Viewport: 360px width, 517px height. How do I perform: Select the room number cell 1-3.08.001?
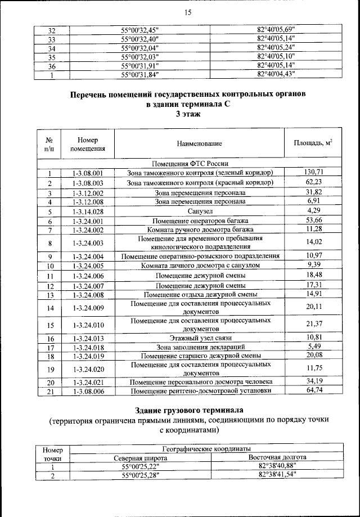[x=88, y=173]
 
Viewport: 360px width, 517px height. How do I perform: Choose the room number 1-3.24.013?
[x=88, y=339]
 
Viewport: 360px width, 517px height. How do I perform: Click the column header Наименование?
[x=200, y=145]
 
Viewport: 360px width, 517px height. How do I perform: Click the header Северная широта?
[x=140, y=458]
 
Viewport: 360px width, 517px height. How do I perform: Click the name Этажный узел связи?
[x=200, y=339]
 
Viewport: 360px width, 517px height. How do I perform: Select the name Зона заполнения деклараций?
[x=200, y=348]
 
